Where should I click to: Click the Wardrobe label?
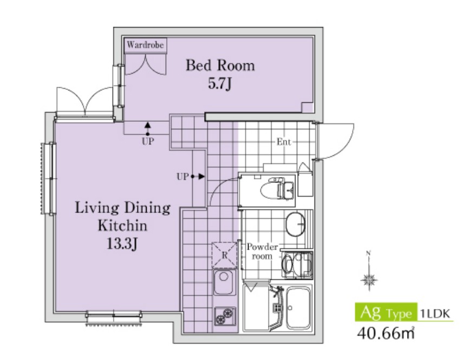[x=146, y=45]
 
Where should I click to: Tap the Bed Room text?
[x=220, y=65]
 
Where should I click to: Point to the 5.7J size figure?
[x=220, y=84]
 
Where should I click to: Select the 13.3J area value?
[x=122, y=244]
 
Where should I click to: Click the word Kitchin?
[x=122, y=226]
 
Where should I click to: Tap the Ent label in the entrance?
[x=284, y=142]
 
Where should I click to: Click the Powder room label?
[x=262, y=252]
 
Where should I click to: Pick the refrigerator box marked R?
[x=224, y=255]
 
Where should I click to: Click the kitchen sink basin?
[x=224, y=282]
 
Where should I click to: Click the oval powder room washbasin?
[x=295, y=224]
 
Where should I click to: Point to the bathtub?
[x=298, y=307]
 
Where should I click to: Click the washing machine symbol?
[x=297, y=265]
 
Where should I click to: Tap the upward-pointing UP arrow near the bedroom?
[x=147, y=129]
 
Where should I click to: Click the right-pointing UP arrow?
[x=198, y=176]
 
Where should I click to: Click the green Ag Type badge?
[x=386, y=312]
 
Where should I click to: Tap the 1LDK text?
[x=436, y=313]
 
